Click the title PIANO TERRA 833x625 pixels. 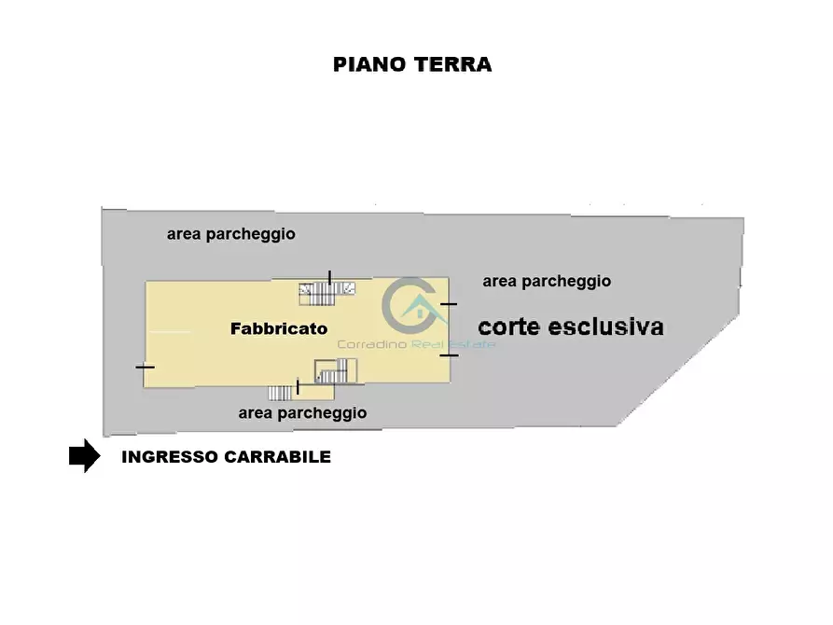[412, 64]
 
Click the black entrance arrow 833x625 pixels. [84, 456]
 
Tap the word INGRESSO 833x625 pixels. [169, 457]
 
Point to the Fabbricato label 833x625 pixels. [279, 328]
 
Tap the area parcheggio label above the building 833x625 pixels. [230, 234]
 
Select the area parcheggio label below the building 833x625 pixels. [302, 412]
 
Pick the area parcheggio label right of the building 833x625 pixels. [547, 281]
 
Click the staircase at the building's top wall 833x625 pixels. [326, 293]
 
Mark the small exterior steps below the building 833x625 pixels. [280, 393]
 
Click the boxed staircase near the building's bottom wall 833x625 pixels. [336, 371]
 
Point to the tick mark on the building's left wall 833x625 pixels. [145, 367]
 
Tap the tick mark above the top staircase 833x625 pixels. [329, 276]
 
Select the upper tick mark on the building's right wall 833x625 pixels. [449, 304]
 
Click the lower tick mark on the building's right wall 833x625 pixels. [449, 354]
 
